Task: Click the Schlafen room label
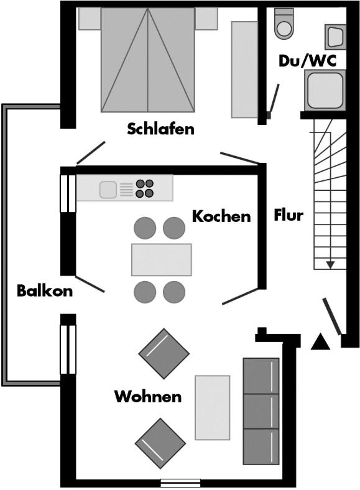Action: [x=160, y=129]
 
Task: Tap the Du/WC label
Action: [x=308, y=61]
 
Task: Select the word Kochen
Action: [x=221, y=216]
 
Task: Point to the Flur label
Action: [x=288, y=215]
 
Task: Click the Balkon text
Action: [x=45, y=290]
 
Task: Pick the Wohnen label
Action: [x=148, y=397]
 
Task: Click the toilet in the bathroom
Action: [x=284, y=24]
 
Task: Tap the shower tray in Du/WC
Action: [x=325, y=90]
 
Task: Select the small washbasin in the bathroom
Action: [x=336, y=37]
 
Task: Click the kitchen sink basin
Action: [x=108, y=190]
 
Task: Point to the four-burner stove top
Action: [x=144, y=188]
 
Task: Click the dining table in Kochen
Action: [x=161, y=260]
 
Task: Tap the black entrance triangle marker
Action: [x=320, y=341]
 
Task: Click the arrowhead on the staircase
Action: [x=330, y=265]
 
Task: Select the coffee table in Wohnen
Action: [x=213, y=407]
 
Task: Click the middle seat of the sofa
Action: [x=261, y=411]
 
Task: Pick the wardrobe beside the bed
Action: [x=244, y=70]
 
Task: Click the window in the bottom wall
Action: [x=180, y=483]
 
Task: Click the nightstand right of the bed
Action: [x=206, y=19]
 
